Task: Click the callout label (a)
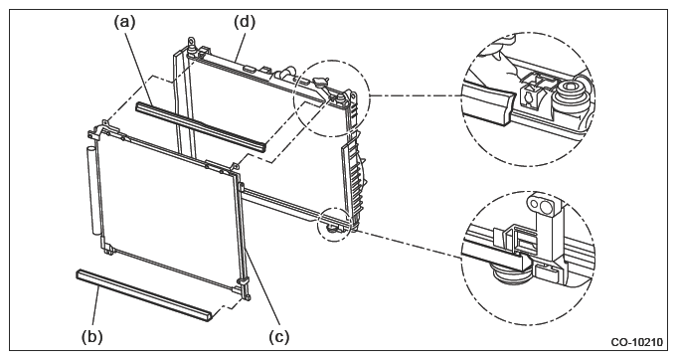coord(125,21)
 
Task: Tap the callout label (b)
coord(92,336)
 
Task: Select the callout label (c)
coord(278,336)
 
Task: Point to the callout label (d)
coord(245,21)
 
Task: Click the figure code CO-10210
coord(636,342)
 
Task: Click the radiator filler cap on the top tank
coord(319,81)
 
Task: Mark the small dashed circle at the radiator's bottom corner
coord(334,225)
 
